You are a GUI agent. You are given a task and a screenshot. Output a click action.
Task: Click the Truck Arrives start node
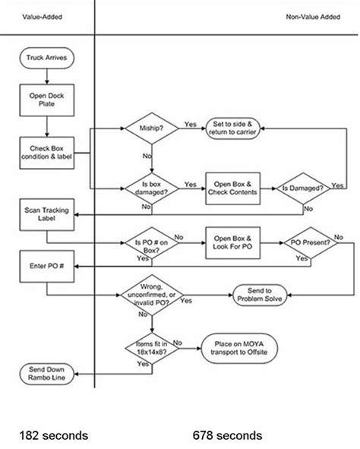pos(47,56)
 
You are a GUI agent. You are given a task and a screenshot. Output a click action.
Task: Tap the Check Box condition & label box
pos(47,148)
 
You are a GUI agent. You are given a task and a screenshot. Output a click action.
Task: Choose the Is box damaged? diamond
pos(151,187)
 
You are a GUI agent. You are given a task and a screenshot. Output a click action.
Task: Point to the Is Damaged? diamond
pos(304,187)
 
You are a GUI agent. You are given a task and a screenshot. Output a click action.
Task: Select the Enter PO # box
pos(47,267)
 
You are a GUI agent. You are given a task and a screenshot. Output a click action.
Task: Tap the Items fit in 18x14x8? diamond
pos(151,349)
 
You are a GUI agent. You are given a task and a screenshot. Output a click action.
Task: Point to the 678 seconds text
pos(228,435)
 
